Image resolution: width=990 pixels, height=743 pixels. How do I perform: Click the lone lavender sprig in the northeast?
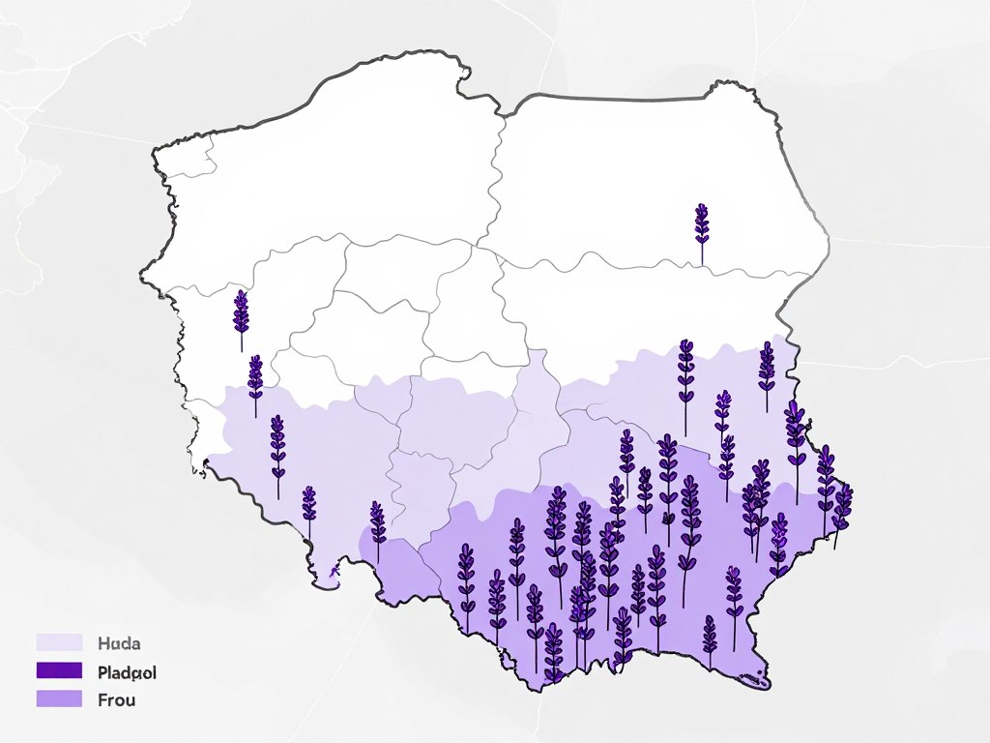click(x=701, y=227)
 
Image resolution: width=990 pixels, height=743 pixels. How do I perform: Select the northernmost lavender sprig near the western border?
click(x=241, y=314)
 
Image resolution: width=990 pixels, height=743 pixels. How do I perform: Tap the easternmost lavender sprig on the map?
click(x=842, y=508)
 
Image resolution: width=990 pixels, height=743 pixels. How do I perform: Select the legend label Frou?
click(x=117, y=699)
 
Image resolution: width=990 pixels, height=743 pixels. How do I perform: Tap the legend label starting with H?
click(x=120, y=641)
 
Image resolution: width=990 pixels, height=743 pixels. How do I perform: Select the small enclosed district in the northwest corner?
click(x=193, y=157)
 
